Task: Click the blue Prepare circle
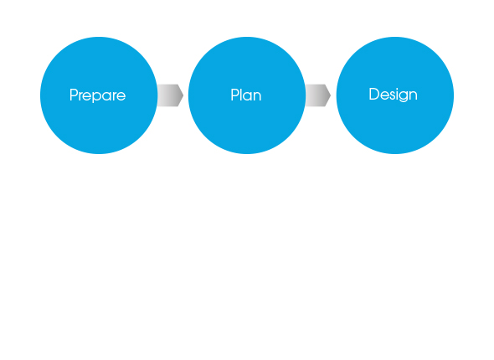(x=99, y=95)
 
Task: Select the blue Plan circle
(x=247, y=95)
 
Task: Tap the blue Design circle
(x=395, y=95)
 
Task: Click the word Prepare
(x=98, y=95)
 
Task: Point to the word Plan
(x=246, y=95)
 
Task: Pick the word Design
(x=394, y=95)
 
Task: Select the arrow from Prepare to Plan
(x=171, y=95)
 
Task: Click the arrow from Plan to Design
(x=318, y=95)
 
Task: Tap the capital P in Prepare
(x=74, y=95)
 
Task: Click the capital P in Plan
(x=235, y=95)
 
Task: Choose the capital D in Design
(x=374, y=94)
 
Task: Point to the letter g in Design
(x=404, y=96)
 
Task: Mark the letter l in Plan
(x=242, y=95)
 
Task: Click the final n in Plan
(x=257, y=96)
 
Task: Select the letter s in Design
(x=390, y=95)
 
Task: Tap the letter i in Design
(x=396, y=94)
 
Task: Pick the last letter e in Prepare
(x=121, y=96)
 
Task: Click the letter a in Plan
(x=249, y=96)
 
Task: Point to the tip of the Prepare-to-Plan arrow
(x=183, y=95)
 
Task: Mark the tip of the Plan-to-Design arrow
(x=331, y=95)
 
